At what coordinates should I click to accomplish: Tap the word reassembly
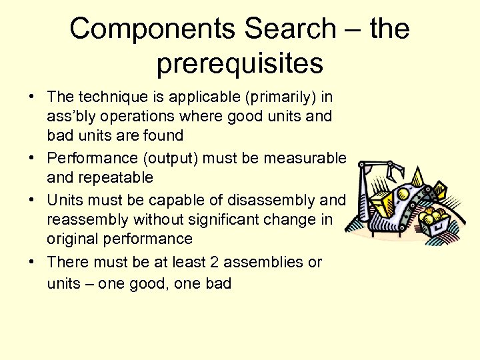pos(85,219)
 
